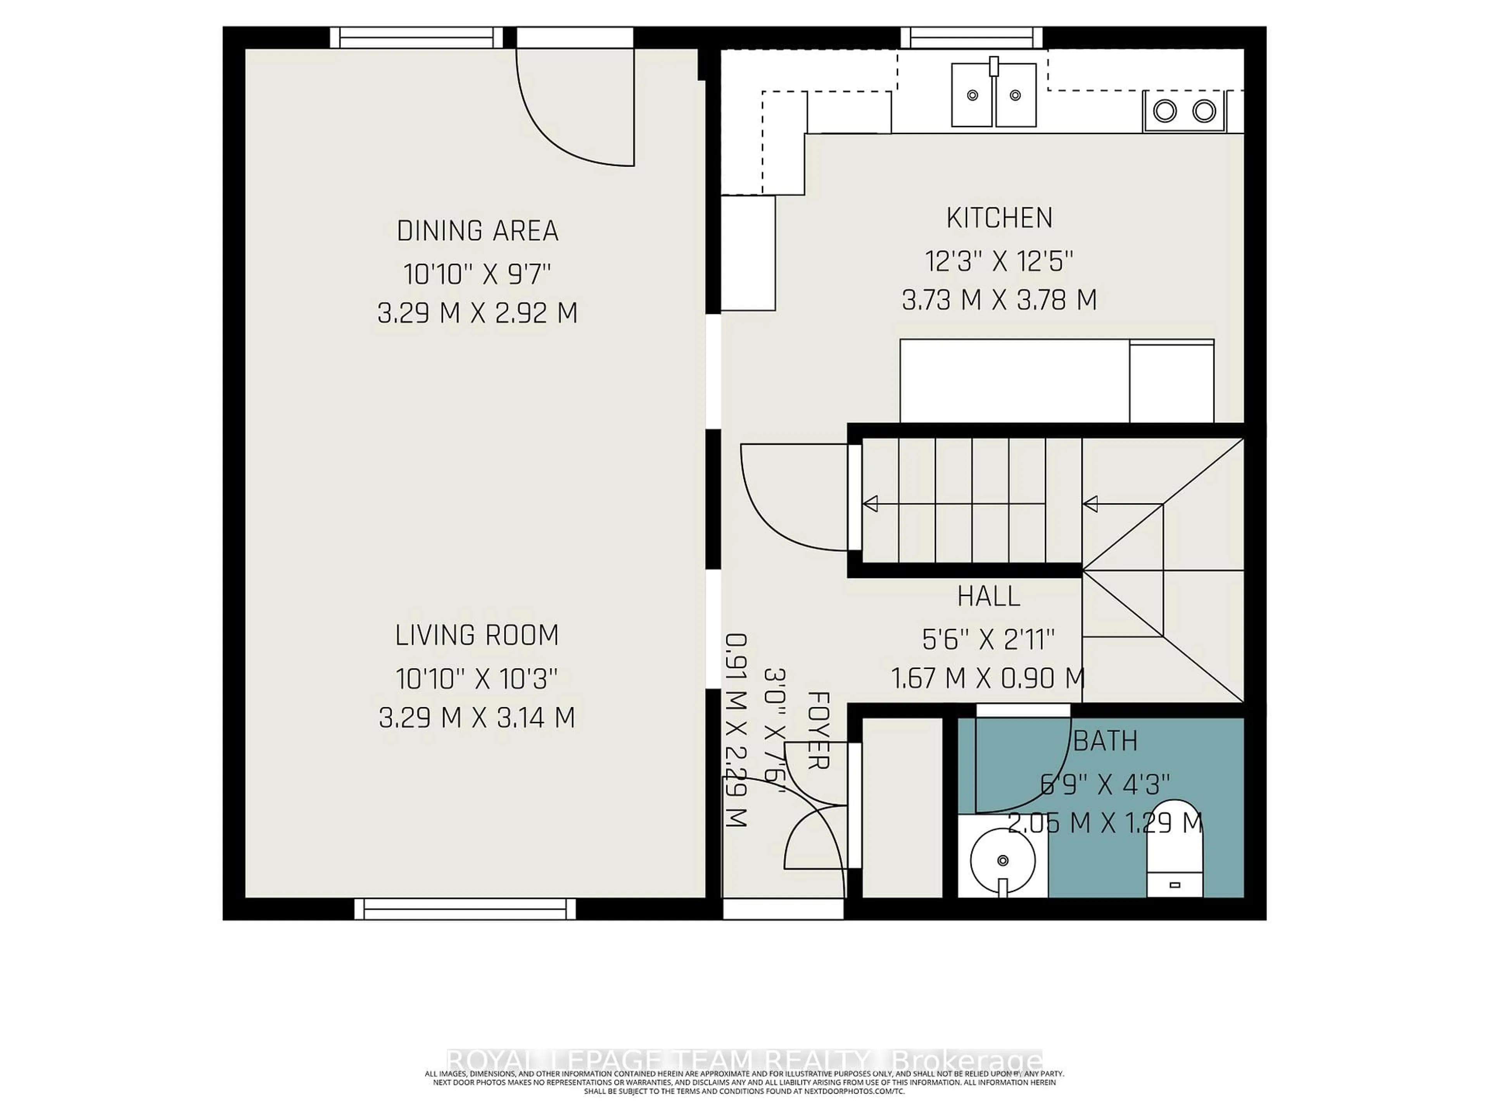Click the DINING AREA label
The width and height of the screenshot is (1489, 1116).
(x=477, y=231)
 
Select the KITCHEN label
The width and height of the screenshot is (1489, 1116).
(x=999, y=218)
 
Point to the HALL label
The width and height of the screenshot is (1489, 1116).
(x=988, y=596)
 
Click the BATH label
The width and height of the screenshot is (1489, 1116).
(x=1105, y=741)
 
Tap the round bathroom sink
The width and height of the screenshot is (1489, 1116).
(x=1002, y=860)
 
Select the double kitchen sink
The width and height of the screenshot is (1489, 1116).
(x=993, y=95)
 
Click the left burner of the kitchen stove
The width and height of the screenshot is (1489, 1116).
(x=1164, y=110)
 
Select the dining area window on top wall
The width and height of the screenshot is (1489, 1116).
(x=417, y=38)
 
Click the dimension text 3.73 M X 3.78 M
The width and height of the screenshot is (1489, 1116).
(x=999, y=300)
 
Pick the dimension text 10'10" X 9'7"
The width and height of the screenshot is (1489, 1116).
(x=477, y=274)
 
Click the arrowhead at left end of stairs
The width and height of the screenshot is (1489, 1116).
(x=871, y=503)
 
